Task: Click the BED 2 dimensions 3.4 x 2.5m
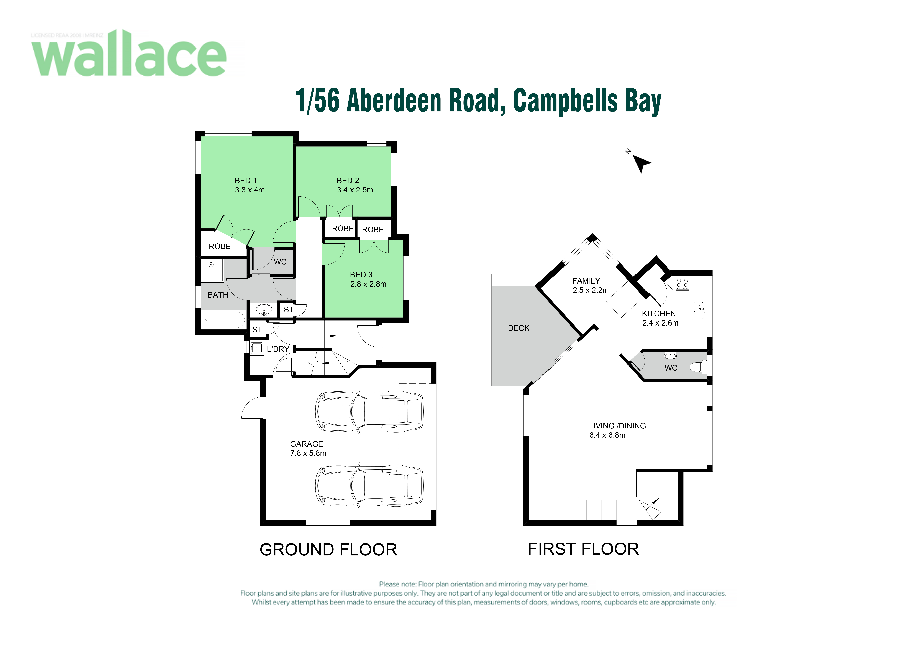[x=355, y=190]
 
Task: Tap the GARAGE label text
[x=307, y=444]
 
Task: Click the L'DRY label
[x=278, y=349]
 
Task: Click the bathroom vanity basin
[x=264, y=310]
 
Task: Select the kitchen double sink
[x=699, y=311]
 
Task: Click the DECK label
[x=519, y=328]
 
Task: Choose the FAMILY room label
[x=586, y=281]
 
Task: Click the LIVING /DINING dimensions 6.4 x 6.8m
[x=607, y=435]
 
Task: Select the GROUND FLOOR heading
[x=329, y=550]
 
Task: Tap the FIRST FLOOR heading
[x=583, y=549]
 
